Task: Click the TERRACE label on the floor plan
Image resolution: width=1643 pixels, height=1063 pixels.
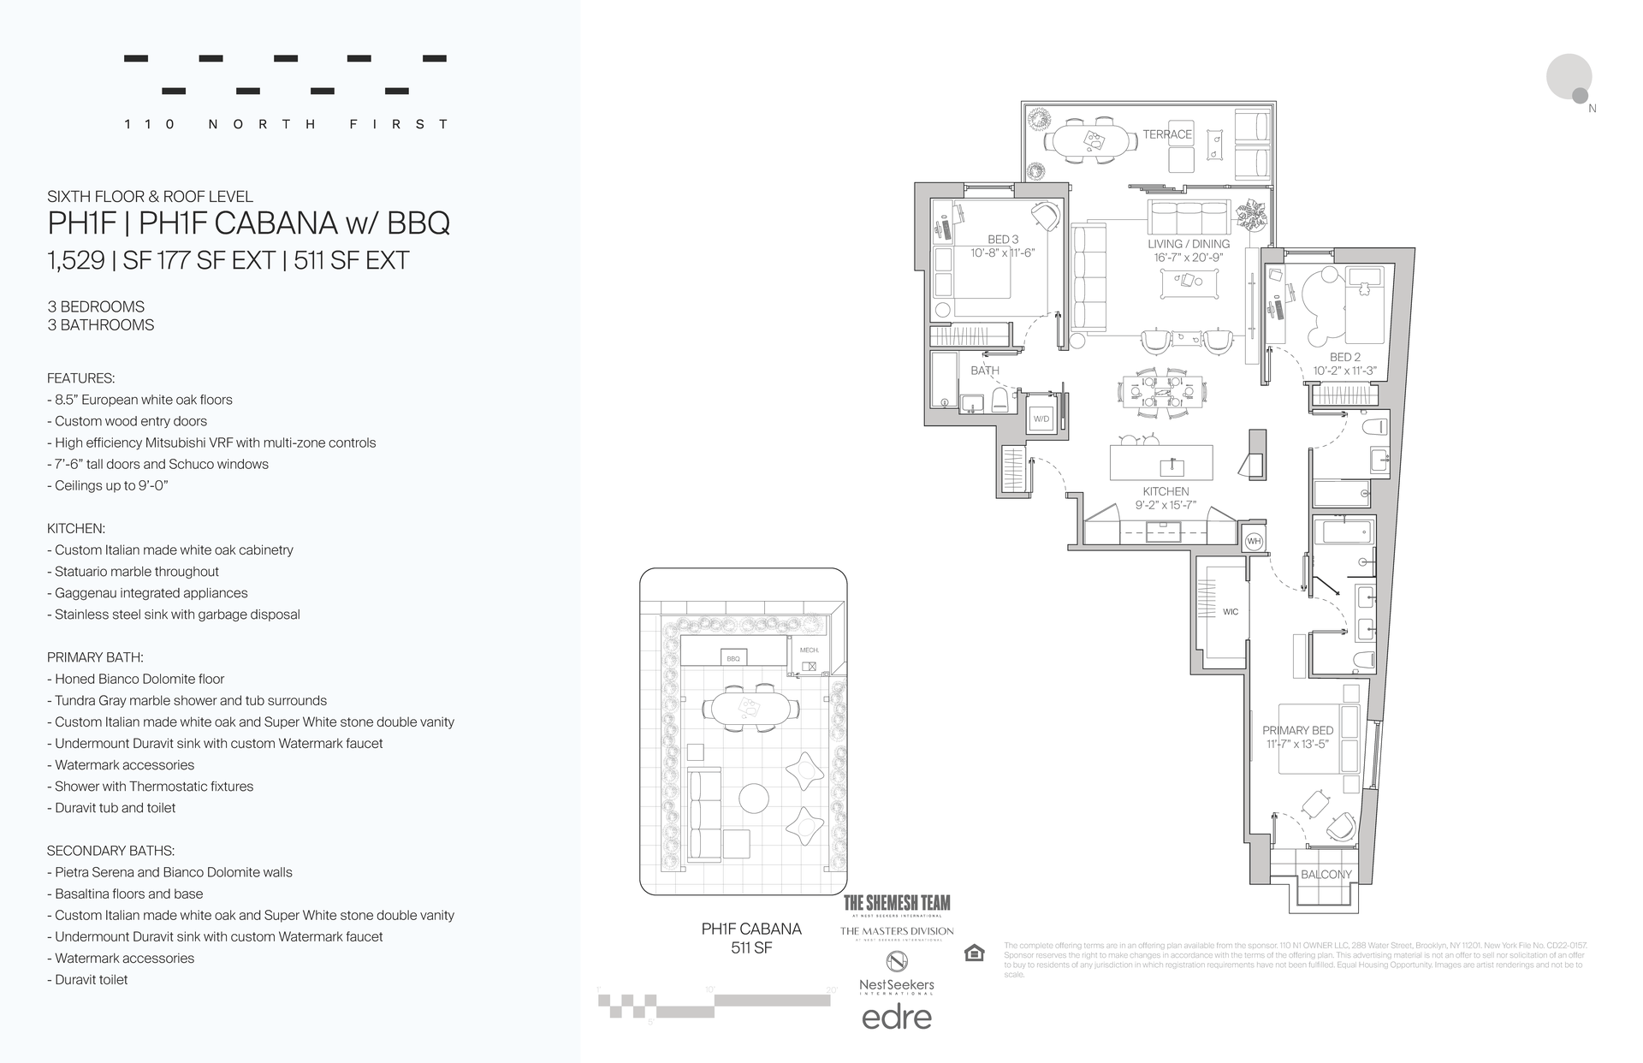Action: [x=1166, y=134]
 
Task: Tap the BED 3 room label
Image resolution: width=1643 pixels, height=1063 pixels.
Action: [x=1003, y=240]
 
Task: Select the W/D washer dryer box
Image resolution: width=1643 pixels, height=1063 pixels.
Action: [x=1041, y=419]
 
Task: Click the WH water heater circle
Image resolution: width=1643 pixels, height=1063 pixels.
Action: [x=1254, y=541]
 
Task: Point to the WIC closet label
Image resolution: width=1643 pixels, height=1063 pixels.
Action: [x=1231, y=612]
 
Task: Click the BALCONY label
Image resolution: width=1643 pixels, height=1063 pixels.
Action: [x=1326, y=875]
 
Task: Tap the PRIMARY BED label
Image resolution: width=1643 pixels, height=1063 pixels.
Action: [x=1297, y=730]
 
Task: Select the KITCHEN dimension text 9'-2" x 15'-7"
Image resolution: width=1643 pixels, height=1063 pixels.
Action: [x=1166, y=506]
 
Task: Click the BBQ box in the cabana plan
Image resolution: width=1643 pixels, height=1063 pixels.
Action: [x=733, y=658]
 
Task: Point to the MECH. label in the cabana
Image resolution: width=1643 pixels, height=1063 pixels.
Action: [x=809, y=650]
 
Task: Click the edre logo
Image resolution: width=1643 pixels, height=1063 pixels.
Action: [x=896, y=1017]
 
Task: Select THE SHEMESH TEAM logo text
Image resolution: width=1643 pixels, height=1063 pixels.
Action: [x=896, y=902]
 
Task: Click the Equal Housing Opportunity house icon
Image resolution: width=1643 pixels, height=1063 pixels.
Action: [x=974, y=953]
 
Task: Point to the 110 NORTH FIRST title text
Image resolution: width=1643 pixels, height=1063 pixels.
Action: [x=286, y=124]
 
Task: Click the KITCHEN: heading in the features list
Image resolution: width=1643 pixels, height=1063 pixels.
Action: [x=76, y=529]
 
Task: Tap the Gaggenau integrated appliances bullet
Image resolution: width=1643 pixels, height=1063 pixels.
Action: [x=151, y=593]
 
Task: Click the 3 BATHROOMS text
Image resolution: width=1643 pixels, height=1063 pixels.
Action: [x=101, y=325]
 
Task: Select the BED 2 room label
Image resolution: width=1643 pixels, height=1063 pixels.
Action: [x=1344, y=357]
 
